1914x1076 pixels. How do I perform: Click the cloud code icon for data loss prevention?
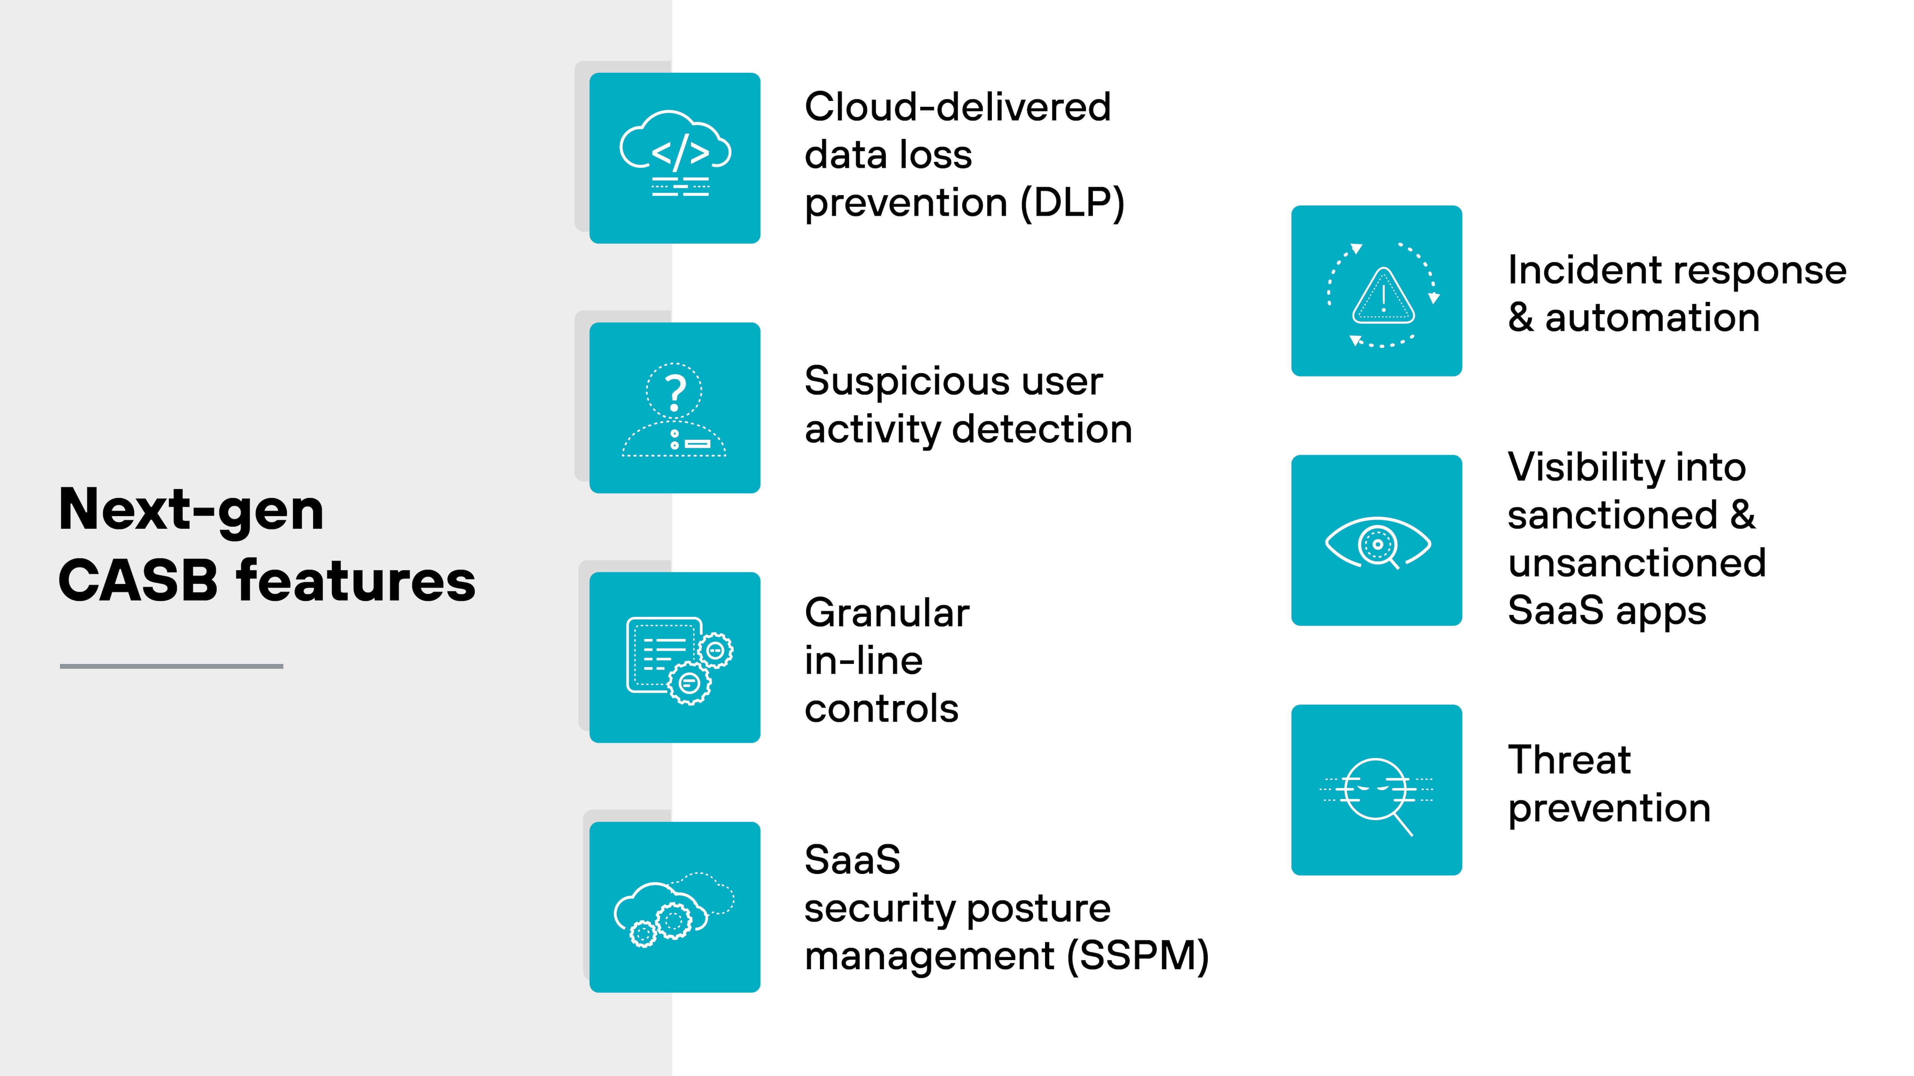[x=674, y=156]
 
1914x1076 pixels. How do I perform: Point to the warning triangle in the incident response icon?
[x=1383, y=297]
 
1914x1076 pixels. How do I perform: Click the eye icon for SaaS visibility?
[x=1378, y=543]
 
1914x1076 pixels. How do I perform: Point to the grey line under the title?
[x=171, y=666]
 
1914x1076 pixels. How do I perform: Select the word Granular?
[x=887, y=613]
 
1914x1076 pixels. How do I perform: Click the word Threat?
[x=1569, y=760]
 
